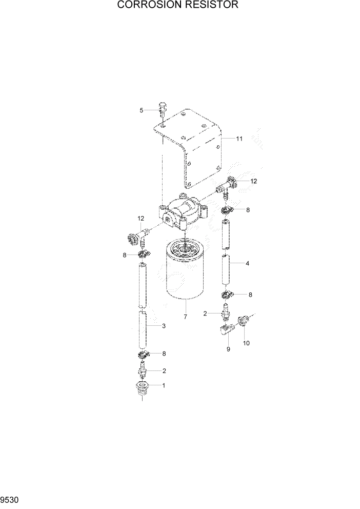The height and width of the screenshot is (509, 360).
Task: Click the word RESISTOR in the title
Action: [211, 6]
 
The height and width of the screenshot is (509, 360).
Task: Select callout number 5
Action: [142, 110]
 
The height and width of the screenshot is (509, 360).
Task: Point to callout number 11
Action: [239, 139]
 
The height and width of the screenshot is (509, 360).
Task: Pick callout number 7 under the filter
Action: [185, 317]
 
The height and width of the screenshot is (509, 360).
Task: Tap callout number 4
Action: [248, 263]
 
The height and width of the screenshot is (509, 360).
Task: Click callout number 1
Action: [164, 385]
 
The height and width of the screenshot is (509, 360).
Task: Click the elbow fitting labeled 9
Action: [226, 331]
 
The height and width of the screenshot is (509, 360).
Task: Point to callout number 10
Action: [246, 343]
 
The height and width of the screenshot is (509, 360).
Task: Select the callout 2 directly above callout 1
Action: [164, 370]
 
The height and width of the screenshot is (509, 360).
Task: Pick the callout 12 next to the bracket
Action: [254, 181]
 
